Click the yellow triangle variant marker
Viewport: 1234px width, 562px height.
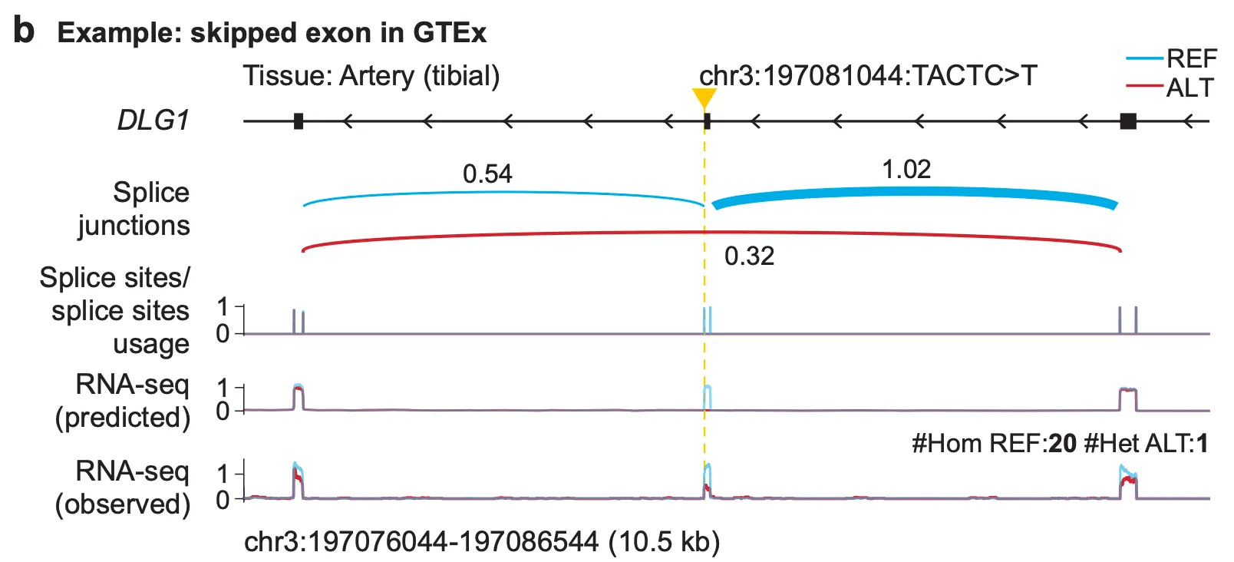tap(704, 98)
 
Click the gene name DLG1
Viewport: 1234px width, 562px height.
tap(153, 121)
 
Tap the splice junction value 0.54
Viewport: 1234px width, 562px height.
tap(487, 174)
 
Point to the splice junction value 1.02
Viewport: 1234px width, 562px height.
tap(906, 169)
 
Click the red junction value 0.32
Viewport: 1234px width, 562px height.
tap(749, 256)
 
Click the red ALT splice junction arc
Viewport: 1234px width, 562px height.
tap(537, 234)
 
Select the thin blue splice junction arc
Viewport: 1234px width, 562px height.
tap(499, 192)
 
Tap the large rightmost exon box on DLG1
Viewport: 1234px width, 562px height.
tap(1127, 121)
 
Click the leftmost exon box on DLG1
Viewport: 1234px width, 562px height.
tap(299, 121)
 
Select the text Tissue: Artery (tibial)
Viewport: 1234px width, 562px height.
tap(371, 76)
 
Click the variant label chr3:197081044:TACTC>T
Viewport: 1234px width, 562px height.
tap(868, 76)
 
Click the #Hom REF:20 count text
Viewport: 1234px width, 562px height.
tap(994, 443)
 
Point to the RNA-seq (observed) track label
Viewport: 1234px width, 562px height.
tap(123, 488)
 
